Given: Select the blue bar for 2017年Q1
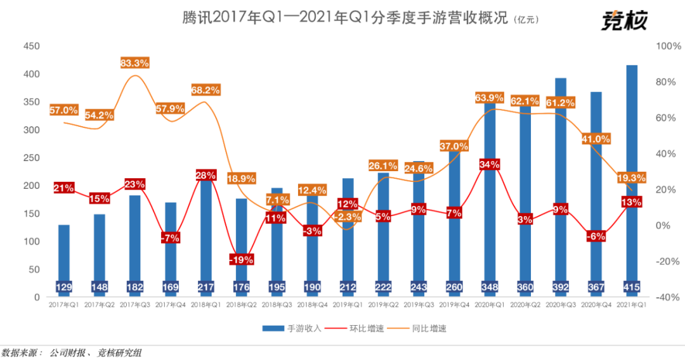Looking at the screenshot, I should pyautogui.click(x=64, y=254).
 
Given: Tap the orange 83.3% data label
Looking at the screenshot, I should pyautogui.click(x=134, y=63).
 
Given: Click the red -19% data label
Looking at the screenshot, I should pyautogui.click(x=241, y=259).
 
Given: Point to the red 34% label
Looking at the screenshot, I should pyautogui.click(x=490, y=165).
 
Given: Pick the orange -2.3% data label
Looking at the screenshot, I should pyautogui.click(x=348, y=217).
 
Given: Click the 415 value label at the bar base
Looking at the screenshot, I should pyautogui.click(x=632, y=288).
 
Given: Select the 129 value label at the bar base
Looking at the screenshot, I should pyautogui.click(x=64, y=288).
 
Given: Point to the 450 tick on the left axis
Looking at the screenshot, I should pyautogui.click(x=32, y=46).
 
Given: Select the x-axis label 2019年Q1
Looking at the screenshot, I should pyautogui.click(x=348, y=305).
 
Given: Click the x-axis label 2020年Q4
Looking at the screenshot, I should pyautogui.click(x=596, y=305).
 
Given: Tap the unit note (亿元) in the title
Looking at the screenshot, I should pyautogui.click(x=527, y=20).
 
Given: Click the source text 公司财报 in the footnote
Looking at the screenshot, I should pyautogui.click(x=67, y=352).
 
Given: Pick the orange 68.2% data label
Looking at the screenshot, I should pyautogui.click(x=205, y=90).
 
